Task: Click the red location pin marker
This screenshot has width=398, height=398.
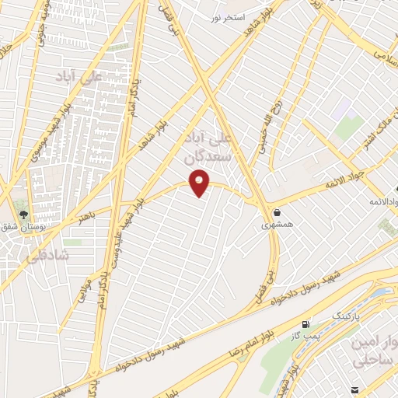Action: click(x=201, y=183)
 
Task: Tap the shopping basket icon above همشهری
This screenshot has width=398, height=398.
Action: click(x=277, y=211)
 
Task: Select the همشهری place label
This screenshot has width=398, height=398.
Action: click(x=277, y=224)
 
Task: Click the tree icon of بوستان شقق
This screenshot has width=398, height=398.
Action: click(x=23, y=213)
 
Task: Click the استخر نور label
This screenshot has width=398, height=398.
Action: click(x=229, y=16)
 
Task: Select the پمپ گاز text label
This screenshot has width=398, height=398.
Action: click(x=305, y=334)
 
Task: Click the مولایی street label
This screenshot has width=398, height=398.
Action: click(x=80, y=298)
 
